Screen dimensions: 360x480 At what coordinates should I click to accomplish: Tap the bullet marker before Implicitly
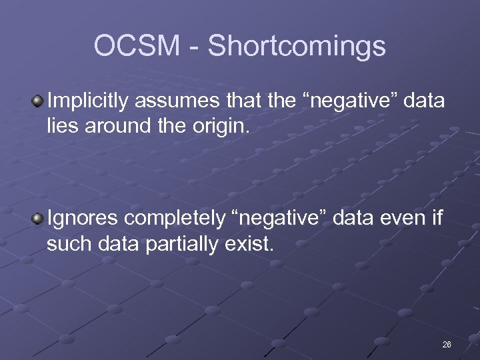coord(38,101)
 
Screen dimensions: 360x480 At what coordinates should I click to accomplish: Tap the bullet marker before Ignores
coord(38,218)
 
